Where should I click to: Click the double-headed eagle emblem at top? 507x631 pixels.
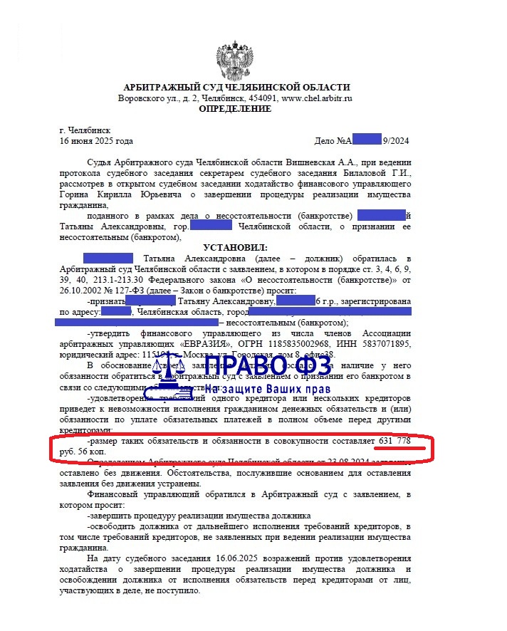[235, 56]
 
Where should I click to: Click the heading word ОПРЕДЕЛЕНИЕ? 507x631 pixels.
[235, 109]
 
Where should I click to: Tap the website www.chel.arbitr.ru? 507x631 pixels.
[317, 98]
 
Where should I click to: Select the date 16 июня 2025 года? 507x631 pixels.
[97, 141]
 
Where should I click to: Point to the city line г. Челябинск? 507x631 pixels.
[85, 131]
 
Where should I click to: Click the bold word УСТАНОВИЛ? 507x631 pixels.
[234, 246]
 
